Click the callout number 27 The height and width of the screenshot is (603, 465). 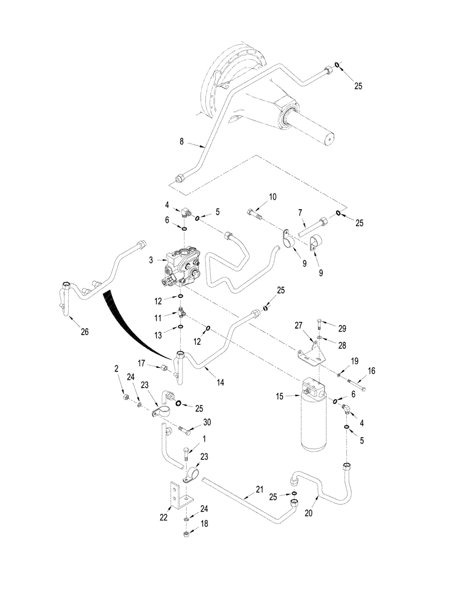click(298, 325)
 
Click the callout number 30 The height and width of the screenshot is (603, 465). click(207, 424)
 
